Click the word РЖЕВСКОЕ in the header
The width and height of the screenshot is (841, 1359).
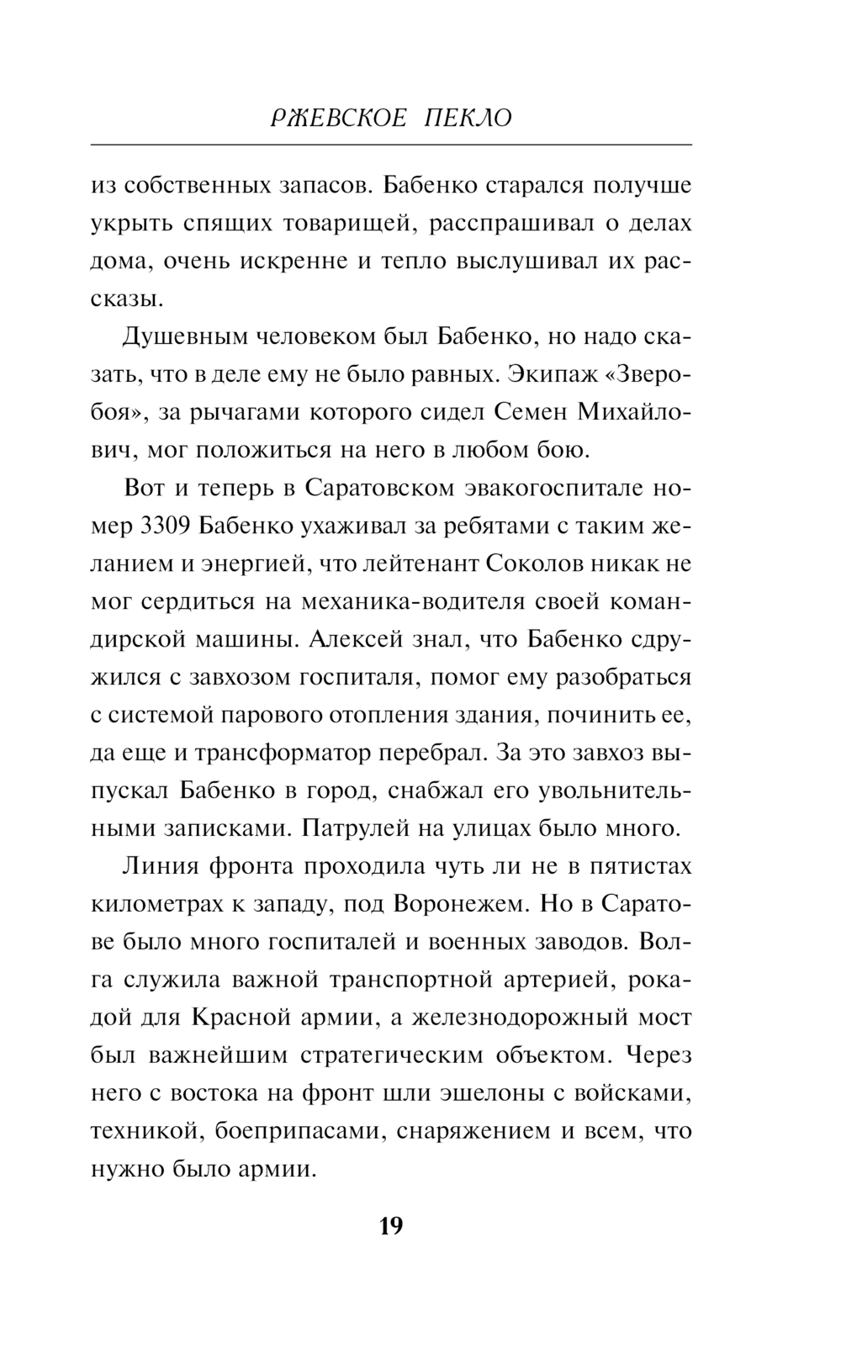[334, 119]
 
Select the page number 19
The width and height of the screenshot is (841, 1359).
[391, 1226]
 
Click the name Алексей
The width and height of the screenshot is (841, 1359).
[356, 639]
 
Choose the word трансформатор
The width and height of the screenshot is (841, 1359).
[284, 752]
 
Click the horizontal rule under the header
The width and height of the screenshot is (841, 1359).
[391, 145]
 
